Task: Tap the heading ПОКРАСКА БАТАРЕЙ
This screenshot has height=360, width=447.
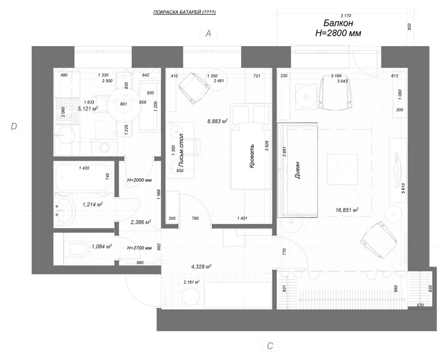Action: (184, 13)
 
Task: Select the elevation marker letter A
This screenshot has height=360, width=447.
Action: (208, 33)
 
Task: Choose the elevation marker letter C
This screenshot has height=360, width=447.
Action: (270, 346)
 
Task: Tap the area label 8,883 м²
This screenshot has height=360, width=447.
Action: (217, 121)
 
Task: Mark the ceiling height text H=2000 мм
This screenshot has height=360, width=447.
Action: (139, 180)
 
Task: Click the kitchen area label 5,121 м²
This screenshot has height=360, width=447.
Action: (88, 109)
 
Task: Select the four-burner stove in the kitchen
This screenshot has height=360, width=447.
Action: (61, 111)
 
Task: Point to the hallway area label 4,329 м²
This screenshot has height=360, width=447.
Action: (201, 267)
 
